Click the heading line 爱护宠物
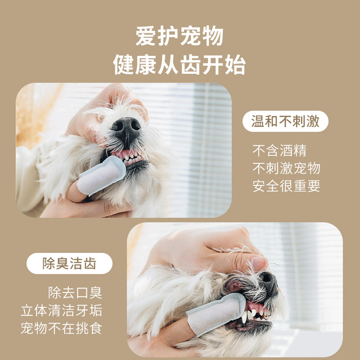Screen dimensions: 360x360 point(179,36)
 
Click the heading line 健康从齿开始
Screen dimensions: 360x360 point(179,64)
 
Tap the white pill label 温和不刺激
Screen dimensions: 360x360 point(285,121)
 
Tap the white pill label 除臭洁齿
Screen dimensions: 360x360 point(69,263)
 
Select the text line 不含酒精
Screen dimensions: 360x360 point(279,151)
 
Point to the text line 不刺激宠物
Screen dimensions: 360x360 point(286,168)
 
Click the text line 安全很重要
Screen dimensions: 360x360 point(286,186)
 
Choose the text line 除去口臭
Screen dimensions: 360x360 point(75,292)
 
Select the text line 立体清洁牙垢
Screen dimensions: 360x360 point(62,310)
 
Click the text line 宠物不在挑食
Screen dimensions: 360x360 point(62,328)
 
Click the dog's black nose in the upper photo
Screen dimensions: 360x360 point(126,129)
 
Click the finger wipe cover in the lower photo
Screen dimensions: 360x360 point(216,312)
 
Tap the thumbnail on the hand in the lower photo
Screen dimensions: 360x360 point(259,263)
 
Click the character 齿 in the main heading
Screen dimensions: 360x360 point(190,64)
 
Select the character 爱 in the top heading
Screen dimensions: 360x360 point(145,36)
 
